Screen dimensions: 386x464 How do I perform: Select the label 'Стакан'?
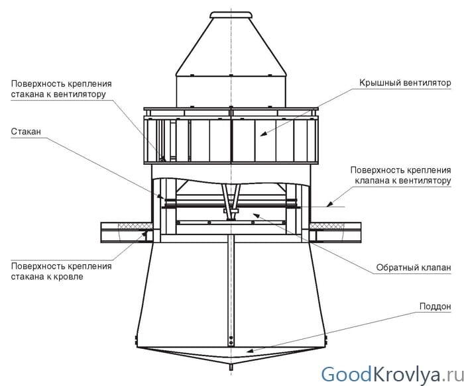[x=25, y=132]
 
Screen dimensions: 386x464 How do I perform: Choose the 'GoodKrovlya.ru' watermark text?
[x=390, y=373]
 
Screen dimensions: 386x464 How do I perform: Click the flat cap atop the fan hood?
[x=231, y=14]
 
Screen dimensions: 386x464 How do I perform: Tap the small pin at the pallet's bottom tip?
[x=231, y=366]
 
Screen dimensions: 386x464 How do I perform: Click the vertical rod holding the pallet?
[x=231, y=291]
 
